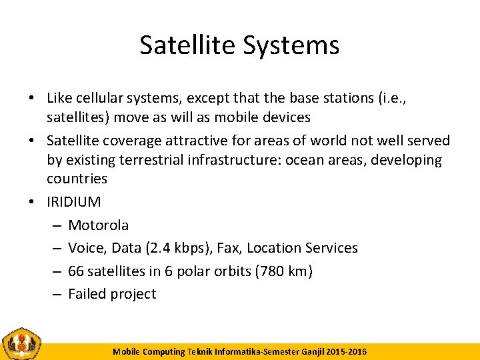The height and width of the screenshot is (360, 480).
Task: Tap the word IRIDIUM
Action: point(74,202)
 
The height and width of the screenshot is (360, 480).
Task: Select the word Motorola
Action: point(99,225)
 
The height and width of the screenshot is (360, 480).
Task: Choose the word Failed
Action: point(87,294)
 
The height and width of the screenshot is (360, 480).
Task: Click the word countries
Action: point(77,179)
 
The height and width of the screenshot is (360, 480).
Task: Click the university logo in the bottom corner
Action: point(22,344)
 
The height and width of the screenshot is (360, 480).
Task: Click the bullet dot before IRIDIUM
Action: point(32,202)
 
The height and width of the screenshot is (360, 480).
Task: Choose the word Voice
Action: point(87,248)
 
